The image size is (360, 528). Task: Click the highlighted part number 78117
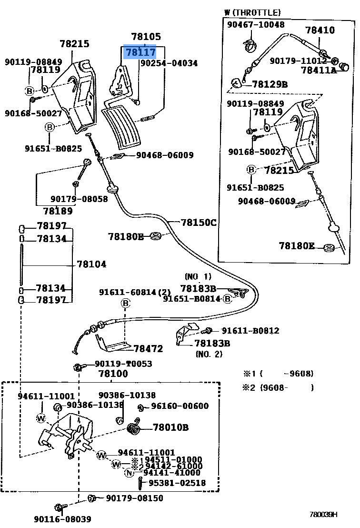(140, 52)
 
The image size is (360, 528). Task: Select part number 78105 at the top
(146, 36)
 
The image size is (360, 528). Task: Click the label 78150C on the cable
(199, 223)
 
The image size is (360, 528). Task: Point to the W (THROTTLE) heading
(252, 13)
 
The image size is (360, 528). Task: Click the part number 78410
(320, 30)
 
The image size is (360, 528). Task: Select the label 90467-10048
(256, 25)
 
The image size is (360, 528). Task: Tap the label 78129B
(270, 84)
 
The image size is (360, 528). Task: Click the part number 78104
(91, 264)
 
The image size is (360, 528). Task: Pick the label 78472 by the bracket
(149, 348)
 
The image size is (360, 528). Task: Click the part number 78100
(113, 374)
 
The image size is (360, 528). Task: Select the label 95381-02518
(177, 483)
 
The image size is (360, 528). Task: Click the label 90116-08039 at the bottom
(62, 519)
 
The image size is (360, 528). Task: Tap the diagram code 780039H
(323, 514)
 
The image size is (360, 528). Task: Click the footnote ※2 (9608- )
(278, 387)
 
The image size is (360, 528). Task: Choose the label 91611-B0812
(250, 331)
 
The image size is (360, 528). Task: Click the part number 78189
(58, 211)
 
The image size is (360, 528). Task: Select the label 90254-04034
(169, 63)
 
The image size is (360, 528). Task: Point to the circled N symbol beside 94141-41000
(130, 473)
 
